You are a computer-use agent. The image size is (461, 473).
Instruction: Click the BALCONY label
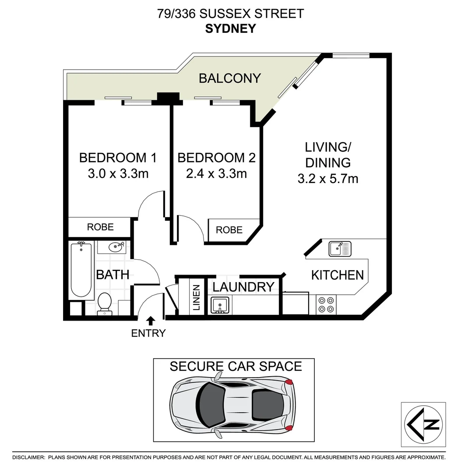(230, 78)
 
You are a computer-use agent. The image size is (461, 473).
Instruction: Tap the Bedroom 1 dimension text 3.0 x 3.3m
(118, 173)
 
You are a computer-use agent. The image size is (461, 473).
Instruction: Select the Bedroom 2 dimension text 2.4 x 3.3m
(216, 173)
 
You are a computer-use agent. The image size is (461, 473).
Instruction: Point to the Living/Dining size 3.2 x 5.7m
(328, 179)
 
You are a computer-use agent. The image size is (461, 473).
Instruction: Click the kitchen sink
(340, 249)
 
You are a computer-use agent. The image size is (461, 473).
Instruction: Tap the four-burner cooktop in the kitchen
(326, 305)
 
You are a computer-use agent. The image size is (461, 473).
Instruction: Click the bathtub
(81, 270)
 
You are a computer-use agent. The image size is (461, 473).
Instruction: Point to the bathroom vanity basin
(117, 247)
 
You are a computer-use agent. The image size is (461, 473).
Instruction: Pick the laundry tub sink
(220, 305)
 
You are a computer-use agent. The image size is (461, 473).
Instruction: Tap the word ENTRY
(148, 333)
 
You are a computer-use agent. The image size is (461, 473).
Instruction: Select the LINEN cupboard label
(196, 298)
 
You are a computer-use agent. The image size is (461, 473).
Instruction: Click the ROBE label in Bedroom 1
(100, 227)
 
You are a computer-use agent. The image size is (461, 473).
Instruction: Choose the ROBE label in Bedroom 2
(229, 230)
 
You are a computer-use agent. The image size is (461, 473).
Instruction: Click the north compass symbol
(423, 424)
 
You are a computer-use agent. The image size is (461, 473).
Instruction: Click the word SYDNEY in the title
(231, 28)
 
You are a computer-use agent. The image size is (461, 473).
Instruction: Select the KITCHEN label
(338, 275)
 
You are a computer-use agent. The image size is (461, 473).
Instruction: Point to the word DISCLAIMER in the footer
(28, 457)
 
